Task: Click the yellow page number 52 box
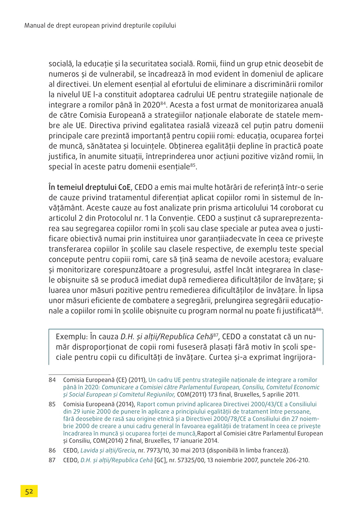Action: [29, 491]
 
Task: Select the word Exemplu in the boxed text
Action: [71, 337]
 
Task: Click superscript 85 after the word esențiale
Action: [193, 165]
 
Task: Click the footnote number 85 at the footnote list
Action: [52, 404]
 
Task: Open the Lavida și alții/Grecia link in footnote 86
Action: [107, 450]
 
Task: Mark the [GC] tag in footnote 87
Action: [160, 460]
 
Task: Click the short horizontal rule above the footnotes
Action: [79, 374]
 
